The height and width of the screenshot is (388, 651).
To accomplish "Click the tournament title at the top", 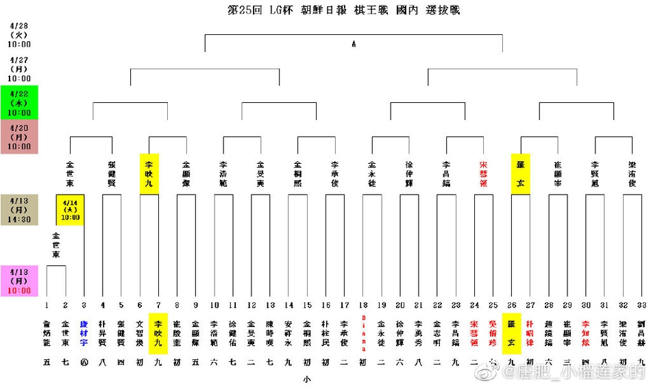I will tap(344, 10).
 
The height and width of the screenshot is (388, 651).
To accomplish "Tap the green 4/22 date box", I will tap(19, 103).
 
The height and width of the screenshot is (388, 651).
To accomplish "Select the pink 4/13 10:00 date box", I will tap(19, 281).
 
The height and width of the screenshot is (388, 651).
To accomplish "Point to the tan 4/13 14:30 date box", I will tap(19, 210).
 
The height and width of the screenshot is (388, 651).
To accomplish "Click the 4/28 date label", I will tap(19, 34).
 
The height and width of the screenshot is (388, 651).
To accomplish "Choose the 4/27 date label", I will tap(19, 69).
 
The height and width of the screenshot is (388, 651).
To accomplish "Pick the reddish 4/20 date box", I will tap(19, 136).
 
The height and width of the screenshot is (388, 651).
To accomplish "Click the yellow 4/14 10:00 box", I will tap(70, 209).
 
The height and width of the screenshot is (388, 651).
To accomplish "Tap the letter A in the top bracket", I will tap(354, 45).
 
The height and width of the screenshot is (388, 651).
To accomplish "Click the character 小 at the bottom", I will tap(307, 378).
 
